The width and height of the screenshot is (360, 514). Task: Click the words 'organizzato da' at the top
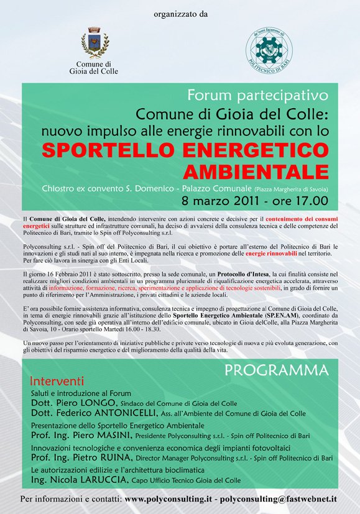click(x=180, y=13)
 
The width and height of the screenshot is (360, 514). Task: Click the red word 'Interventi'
click(x=57, y=380)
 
